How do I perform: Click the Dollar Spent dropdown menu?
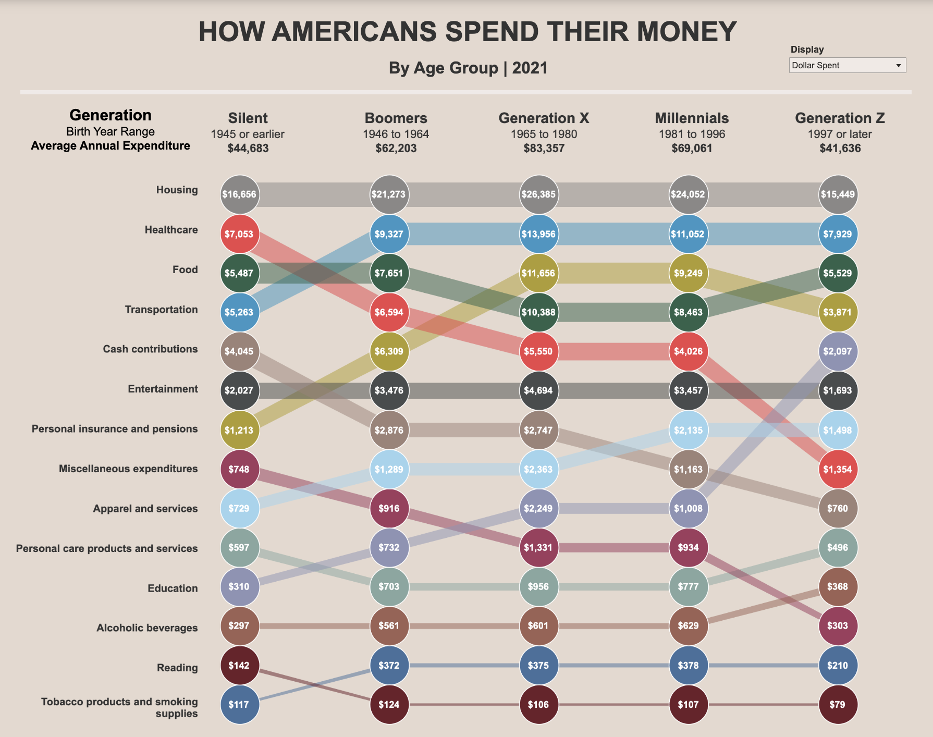[847, 65]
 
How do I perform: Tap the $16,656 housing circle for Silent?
[240, 194]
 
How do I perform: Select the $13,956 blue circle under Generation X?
[539, 234]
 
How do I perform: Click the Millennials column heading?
[692, 118]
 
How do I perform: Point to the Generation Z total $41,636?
[840, 148]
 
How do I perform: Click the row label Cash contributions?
[150, 349]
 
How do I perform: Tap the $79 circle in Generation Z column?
[838, 705]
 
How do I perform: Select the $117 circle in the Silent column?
[240, 705]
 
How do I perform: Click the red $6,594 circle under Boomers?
[389, 312]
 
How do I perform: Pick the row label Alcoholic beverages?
[147, 628]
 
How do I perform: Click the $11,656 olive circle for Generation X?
[539, 273]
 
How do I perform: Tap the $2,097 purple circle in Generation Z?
[838, 351]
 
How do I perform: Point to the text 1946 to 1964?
[396, 134]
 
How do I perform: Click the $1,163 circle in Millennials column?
[689, 469]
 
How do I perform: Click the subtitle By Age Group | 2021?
[468, 68]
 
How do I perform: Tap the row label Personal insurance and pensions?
[115, 429]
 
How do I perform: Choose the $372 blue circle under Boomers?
[389, 665]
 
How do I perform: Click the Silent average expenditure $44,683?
[248, 148]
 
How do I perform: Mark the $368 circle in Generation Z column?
[838, 586]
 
